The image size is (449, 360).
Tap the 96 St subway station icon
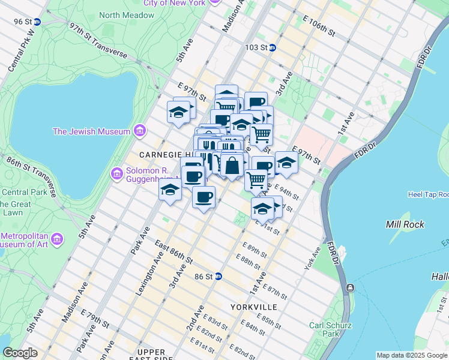(x=37, y=22)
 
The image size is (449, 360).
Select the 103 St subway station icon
(x=272, y=47)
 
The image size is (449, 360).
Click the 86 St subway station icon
(x=220, y=277)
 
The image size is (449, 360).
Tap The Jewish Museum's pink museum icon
(x=139, y=130)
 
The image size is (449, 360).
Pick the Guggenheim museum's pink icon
(x=116, y=174)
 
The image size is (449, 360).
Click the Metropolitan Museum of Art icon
(x=58, y=239)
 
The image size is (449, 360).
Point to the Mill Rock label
(x=405, y=225)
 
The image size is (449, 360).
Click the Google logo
(x=20, y=353)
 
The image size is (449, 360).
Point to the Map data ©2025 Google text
(x=411, y=355)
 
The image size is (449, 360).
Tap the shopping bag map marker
(x=232, y=165)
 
